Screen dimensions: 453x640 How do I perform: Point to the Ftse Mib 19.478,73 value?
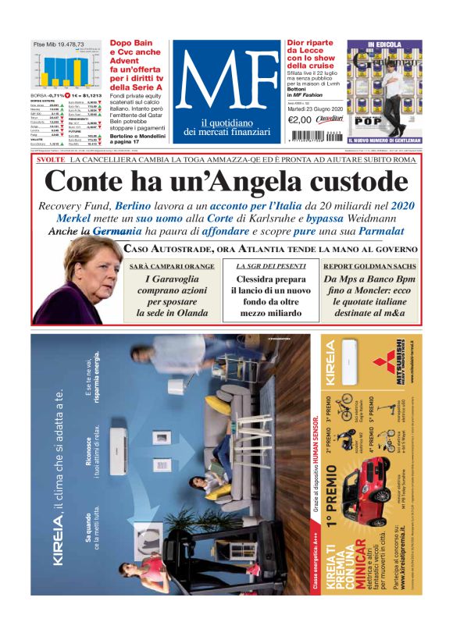[x=59, y=44]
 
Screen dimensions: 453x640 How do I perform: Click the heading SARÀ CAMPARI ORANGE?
[x=171, y=267]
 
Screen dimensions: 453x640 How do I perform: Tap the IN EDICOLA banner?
[x=383, y=45]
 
